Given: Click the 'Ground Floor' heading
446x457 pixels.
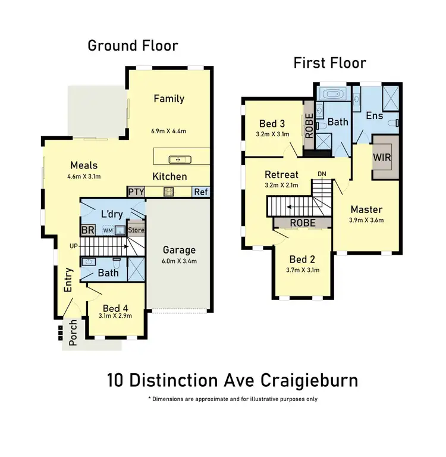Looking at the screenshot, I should tap(133, 45).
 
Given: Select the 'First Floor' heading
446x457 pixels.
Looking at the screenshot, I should tap(329, 63).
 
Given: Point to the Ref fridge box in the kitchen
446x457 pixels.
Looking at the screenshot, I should tap(201, 192).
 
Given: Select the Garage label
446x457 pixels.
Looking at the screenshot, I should tap(179, 250).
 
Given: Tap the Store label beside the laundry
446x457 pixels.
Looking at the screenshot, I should tap(136, 230).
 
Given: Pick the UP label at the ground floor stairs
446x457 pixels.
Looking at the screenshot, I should tap(73, 245).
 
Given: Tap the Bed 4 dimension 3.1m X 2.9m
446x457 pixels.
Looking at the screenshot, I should tap(116, 317).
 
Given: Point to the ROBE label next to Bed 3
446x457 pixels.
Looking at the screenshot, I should tap(309, 126).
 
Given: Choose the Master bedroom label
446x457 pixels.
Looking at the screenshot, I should tap(366, 209).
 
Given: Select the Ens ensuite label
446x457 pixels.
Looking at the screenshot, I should tap(374, 115).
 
